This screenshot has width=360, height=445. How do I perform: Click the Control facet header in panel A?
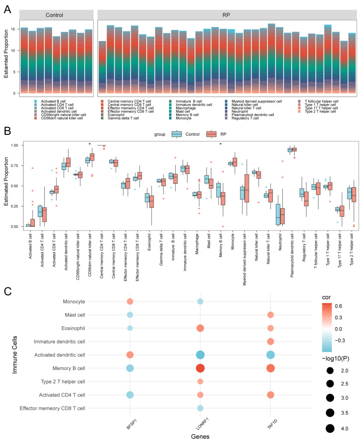coord(55,15)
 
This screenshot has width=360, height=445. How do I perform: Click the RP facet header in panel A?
coord(226,15)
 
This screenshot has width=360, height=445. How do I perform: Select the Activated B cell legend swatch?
coord(35,101)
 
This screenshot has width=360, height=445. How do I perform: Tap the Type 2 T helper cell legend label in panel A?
coord(320,112)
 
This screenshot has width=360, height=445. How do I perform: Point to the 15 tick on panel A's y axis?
coord(13,29)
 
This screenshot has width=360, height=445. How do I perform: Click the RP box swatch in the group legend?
coord(211,134)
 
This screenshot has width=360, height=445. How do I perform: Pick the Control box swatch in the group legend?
coord(177,134)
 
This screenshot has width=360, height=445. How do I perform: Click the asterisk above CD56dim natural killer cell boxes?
coord(90,144)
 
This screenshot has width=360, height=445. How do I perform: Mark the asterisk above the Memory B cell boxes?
coord(221,144)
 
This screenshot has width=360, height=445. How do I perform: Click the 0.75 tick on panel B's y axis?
coord(15,165)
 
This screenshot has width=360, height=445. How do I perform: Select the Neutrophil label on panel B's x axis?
coord(280,242)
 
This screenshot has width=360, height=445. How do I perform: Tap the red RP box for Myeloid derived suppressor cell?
coord(246,188)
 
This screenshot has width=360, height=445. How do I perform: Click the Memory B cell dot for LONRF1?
coord(200,368)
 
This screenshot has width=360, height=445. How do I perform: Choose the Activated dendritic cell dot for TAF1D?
coord(270,355)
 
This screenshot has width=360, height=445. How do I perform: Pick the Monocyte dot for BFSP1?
coord(130,301)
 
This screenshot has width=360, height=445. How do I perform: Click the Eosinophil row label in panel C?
coord(73,328)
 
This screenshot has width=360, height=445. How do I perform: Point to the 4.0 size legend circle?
coord(330,428)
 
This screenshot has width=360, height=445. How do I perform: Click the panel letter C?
coord(8,291)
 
